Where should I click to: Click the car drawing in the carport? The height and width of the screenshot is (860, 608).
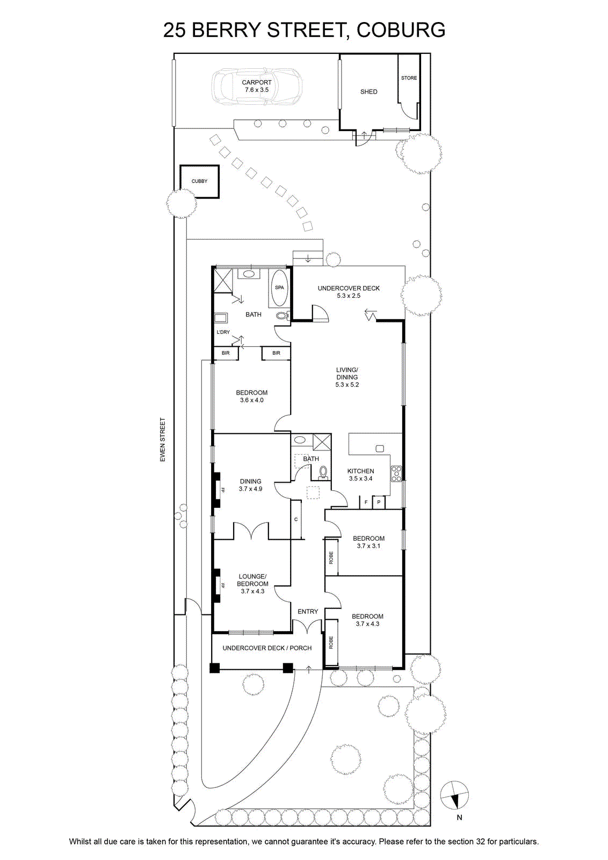click(257, 87)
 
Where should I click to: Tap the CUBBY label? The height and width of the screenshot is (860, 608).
click(199, 181)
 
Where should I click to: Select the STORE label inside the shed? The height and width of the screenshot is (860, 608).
click(409, 78)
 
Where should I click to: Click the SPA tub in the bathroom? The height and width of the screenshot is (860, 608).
click(279, 288)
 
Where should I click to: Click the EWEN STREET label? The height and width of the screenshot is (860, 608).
click(163, 440)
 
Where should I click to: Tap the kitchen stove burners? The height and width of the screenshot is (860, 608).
click(396, 474)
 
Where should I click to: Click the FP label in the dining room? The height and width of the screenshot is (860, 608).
click(222, 490)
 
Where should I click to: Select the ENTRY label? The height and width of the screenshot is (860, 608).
click(308, 612)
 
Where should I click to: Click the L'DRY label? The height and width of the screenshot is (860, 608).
click(223, 332)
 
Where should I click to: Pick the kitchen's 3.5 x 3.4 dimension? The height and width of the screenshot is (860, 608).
click(360, 479)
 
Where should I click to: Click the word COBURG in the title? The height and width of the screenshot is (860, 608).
click(401, 30)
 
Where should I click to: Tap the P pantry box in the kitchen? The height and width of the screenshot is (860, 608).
click(379, 502)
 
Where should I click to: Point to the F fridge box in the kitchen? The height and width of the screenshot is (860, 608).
click(366, 502)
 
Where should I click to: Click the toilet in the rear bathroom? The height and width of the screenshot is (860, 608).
click(283, 316)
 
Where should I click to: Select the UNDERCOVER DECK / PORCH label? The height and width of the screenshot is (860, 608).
click(267, 648)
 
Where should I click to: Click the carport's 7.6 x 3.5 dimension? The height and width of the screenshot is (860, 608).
click(257, 90)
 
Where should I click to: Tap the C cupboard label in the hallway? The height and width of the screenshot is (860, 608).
click(296, 519)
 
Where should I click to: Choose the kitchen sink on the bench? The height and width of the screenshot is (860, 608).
click(380, 448)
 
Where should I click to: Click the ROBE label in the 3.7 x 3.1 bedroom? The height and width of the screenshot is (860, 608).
click(331, 558)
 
